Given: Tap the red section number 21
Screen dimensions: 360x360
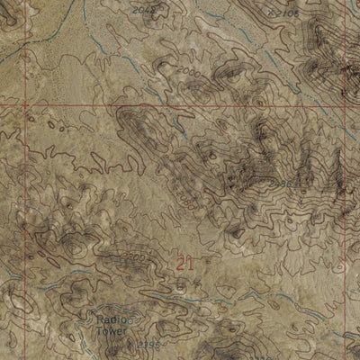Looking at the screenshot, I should tap(185, 264).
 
